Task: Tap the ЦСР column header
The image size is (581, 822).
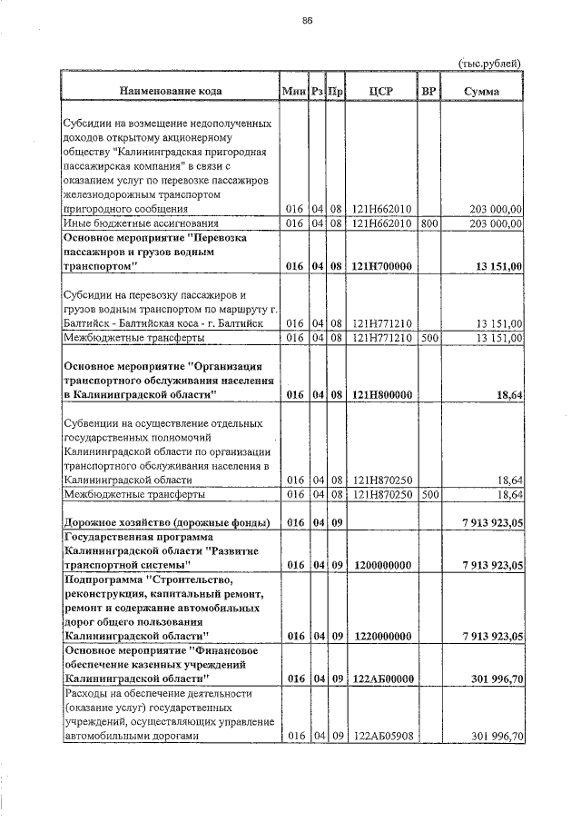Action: tap(381, 91)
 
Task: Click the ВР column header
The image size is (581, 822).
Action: tap(428, 91)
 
